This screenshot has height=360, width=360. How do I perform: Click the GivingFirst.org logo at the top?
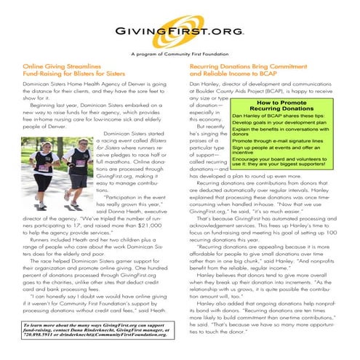coord(180,33)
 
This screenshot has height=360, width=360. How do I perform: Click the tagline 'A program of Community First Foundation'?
coord(180,55)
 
